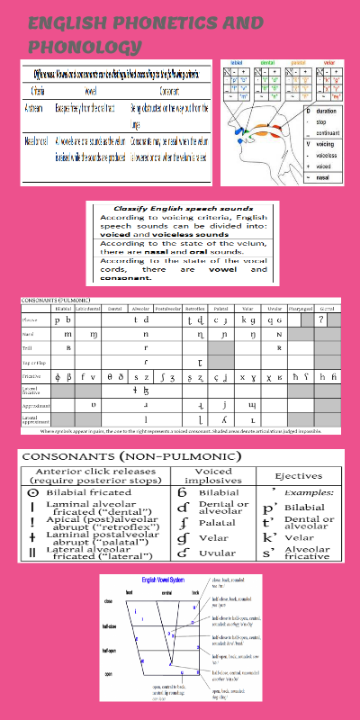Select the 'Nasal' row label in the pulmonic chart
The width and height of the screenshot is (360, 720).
pos(30,333)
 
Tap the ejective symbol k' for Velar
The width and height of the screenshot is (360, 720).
pos(266,537)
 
